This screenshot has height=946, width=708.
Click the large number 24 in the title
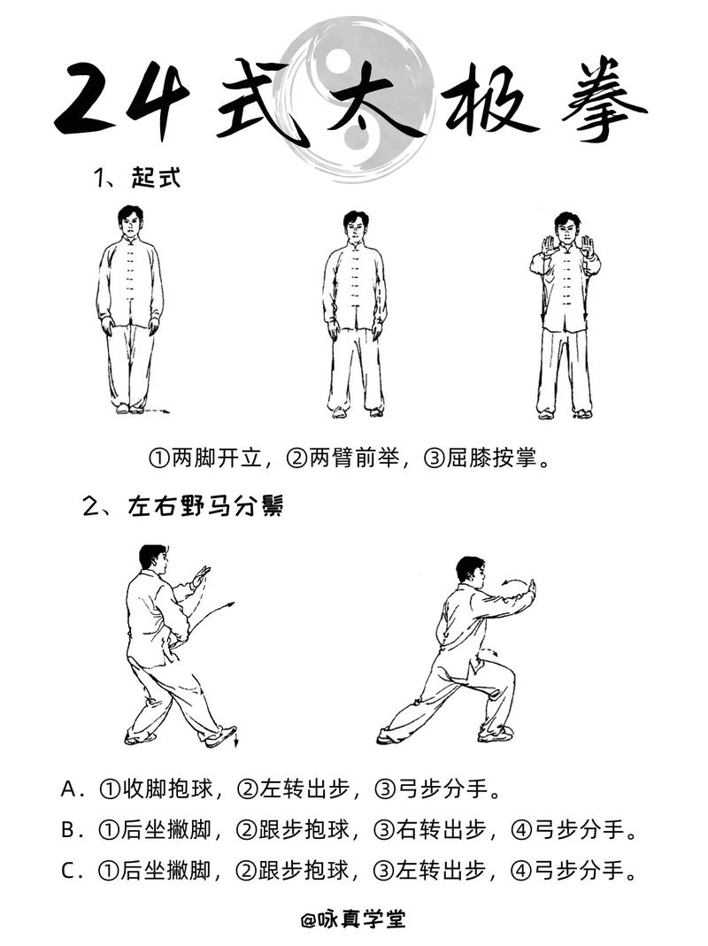click(x=125, y=99)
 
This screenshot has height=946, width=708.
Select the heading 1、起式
click(x=137, y=178)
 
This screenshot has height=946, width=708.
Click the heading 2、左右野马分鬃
click(x=182, y=508)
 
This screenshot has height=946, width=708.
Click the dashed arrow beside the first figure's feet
click(x=157, y=411)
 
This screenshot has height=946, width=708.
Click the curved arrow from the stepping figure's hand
click(x=212, y=616)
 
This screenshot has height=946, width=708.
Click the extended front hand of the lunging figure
click(x=531, y=591)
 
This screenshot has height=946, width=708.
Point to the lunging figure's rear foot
click(x=388, y=737)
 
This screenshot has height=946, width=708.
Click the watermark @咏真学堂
click(x=354, y=919)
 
